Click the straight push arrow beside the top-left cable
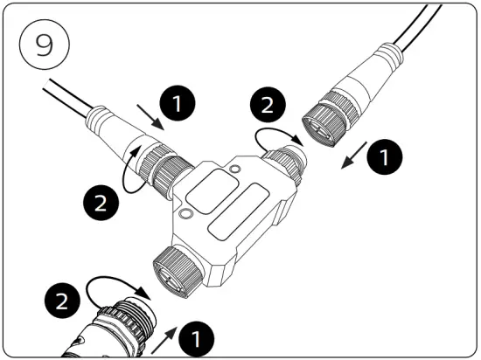pyautogui.click(x=150, y=116)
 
